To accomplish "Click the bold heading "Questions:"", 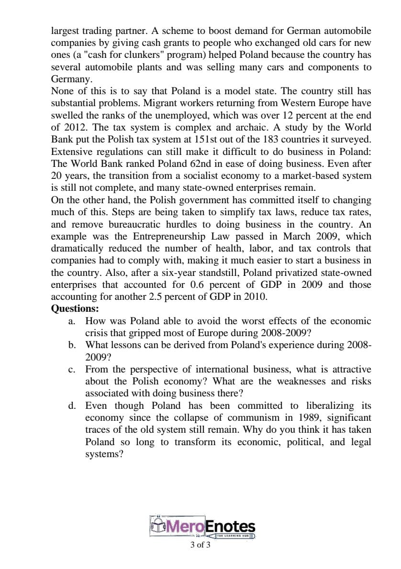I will click(75, 308).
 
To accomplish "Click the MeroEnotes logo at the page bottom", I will click(203, 527).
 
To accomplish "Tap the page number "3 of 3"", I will click(200, 545).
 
